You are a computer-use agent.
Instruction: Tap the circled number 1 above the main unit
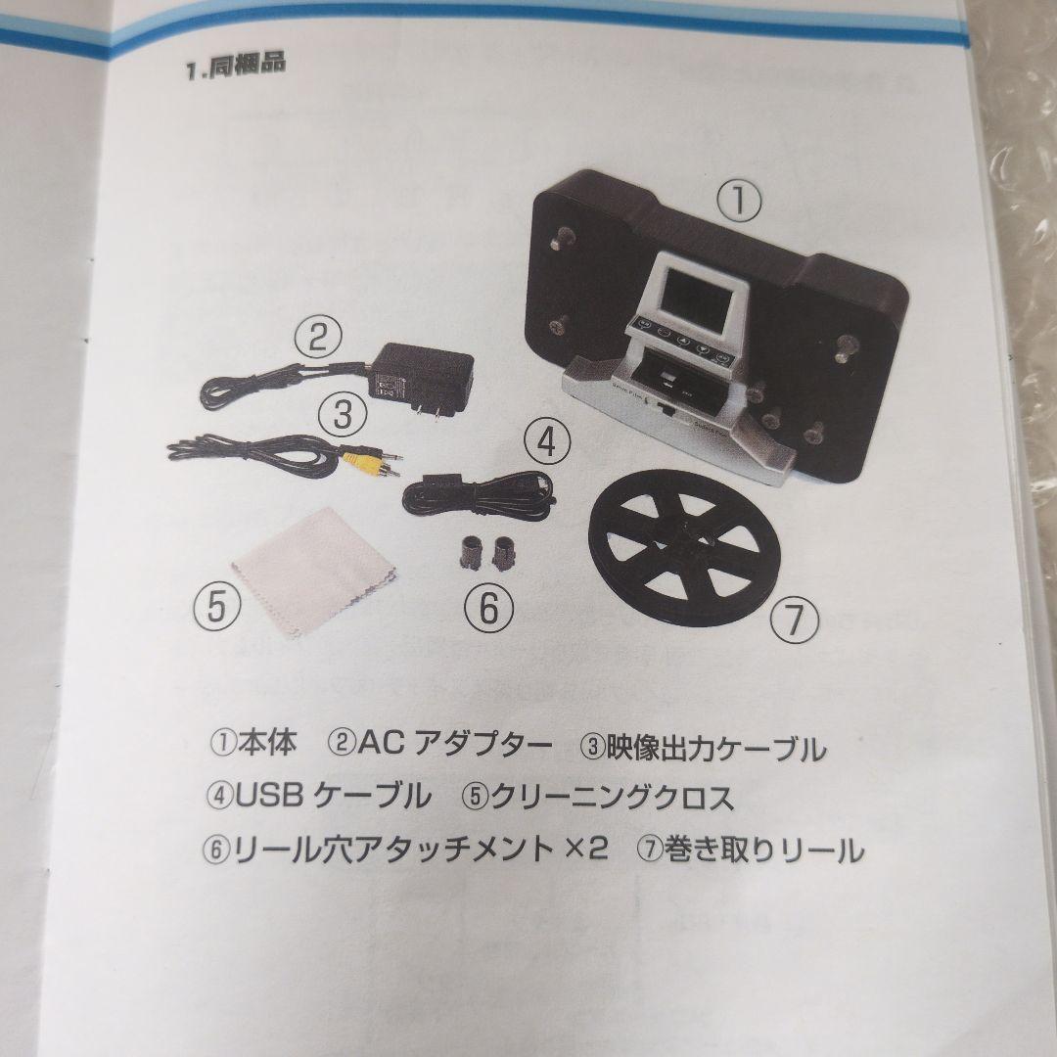point(740,203)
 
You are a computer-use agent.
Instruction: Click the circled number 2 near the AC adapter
point(318,339)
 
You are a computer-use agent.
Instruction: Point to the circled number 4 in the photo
point(545,444)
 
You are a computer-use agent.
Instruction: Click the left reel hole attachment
point(467,552)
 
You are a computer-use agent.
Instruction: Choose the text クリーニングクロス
point(612,799)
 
